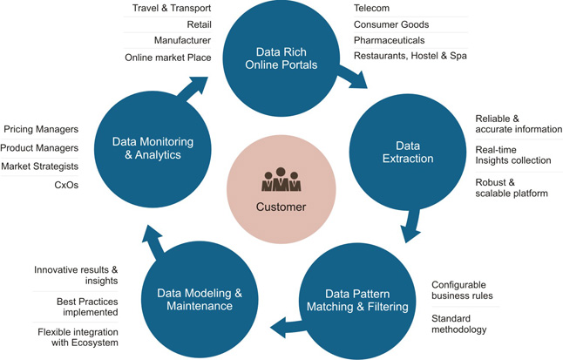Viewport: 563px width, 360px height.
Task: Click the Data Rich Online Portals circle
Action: (x=281, y=58)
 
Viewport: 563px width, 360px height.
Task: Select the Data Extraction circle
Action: (x=408, y=153)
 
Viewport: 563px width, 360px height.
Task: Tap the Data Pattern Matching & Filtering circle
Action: (x=357, y=301)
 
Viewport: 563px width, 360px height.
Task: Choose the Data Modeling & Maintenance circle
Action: (x=200, y=300)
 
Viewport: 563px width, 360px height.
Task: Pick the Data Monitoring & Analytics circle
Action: (x=153, y=149)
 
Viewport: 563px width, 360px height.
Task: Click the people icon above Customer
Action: (x=281, y=180)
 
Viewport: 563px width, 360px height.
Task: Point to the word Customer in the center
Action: (x=281, y=207)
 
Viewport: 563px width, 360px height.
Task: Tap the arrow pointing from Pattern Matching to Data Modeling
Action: (x=288, y=327)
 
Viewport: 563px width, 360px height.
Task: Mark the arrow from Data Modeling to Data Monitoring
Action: (x=153, y=241)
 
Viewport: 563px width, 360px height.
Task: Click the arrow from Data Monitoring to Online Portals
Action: (x=193, y=88)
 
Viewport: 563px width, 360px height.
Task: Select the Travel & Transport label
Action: (x=172, y=8)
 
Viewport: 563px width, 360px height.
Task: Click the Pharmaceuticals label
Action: (x=390, y=40)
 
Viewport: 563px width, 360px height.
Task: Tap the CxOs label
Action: (x=66, y=185)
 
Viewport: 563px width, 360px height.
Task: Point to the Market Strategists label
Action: (x=40, y=166)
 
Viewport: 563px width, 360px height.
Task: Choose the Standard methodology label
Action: (x=459, y=324)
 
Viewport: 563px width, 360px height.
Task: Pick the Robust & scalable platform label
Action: (x=512, y=188)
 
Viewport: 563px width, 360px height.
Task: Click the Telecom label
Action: (x=371, y=8)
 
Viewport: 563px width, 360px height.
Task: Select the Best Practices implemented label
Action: (x=87, y=307)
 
